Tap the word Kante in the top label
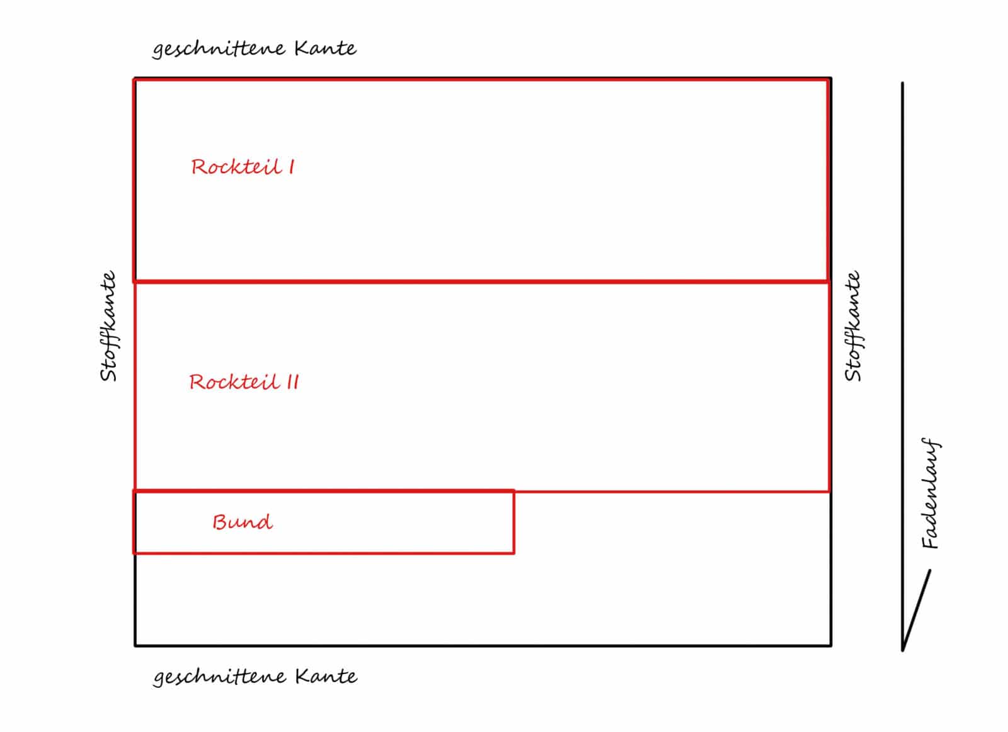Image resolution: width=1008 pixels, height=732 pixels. (x=326, y=48)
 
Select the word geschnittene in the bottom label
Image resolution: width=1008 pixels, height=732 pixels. (x=220, y=678)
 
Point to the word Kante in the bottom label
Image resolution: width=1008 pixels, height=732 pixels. (x=327, y=676)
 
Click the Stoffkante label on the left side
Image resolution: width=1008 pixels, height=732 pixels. (x=108, y=326)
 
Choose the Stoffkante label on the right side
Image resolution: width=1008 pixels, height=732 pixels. (x=853, y=326)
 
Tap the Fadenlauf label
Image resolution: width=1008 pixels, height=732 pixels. (x=930, y=493)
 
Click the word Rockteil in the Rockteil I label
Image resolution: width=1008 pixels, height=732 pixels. (x=237, y=167)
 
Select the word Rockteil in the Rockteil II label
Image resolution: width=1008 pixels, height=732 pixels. (x=234, y=382)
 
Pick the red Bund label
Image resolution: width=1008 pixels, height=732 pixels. (x=243, y=522)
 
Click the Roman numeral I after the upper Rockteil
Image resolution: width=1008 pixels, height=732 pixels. (x=292, y=167)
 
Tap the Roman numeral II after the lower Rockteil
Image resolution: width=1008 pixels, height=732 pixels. (x=293, y=382)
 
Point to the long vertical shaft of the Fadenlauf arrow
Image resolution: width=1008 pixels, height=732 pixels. (x=903, y=366)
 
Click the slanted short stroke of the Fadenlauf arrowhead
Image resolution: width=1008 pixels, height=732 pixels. (x=916, y=610)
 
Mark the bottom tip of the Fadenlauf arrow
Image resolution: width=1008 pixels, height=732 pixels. (x=903, y=651)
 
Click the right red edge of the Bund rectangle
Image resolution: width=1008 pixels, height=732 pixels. (x=513, y=522)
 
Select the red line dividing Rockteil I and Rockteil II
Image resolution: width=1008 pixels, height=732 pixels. (x=481, y=282)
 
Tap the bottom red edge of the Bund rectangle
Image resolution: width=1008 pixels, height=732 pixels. (x=324, y=553)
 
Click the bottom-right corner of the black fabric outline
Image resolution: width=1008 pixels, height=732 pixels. (x=831, y=646)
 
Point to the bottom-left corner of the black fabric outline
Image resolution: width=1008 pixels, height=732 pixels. (x=135, y=646)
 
